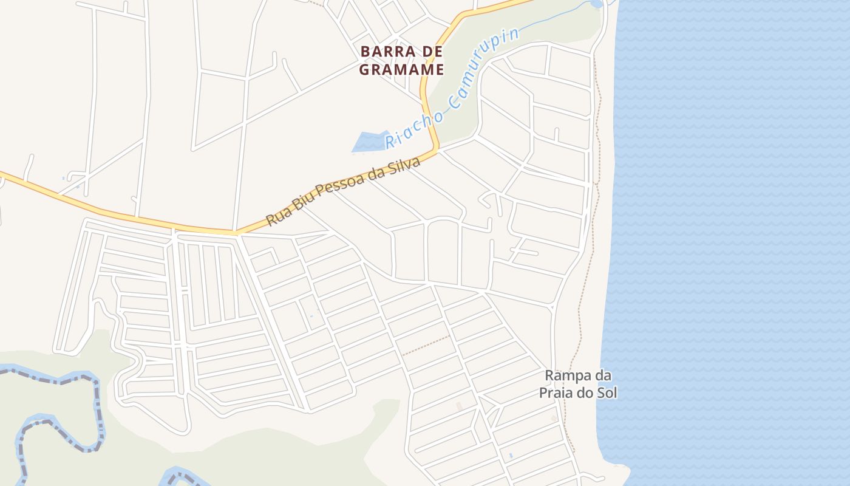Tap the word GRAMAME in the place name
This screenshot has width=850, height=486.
click(401, 69)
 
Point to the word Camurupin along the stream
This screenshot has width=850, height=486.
click(486, 66)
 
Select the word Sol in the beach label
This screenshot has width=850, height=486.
click(607, 393)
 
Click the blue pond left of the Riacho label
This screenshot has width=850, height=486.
click(369, 142)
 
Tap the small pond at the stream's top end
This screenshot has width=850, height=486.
click(596, 4)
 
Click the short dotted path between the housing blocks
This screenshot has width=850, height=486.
click(425, 345)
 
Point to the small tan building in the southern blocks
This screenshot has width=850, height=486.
click(459, 406)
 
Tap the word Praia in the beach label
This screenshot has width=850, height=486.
click(556, 393)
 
